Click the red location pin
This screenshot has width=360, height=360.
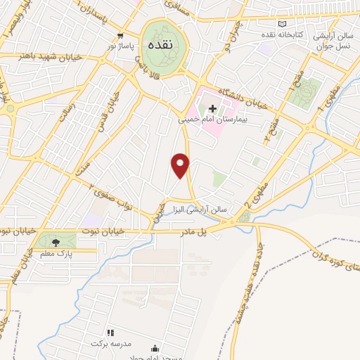tap(181, 165)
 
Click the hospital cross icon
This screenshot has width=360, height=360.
tap(213, 108)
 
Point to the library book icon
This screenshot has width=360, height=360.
tap(283, 23)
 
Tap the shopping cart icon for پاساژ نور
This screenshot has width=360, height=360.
tap(122, 35)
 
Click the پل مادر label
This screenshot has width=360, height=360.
tap(199, 231)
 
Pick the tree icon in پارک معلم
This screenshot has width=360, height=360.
tap(56, 239)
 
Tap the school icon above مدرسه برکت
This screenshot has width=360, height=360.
tap(110, 332)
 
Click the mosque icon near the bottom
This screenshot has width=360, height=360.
tap(155, 347)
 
